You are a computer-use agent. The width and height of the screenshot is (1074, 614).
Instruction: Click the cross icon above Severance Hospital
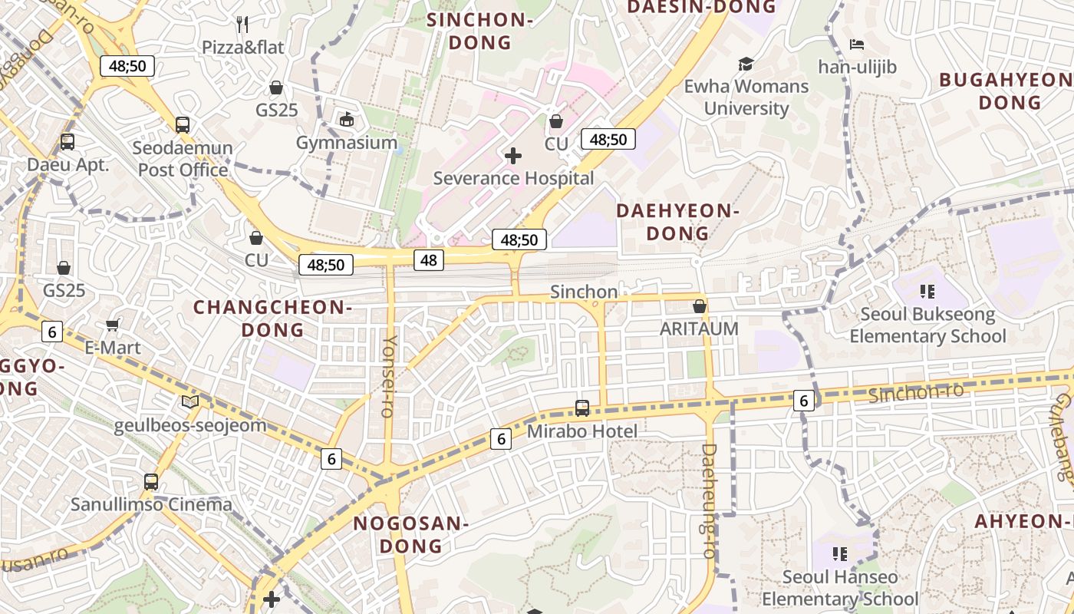[513, 157]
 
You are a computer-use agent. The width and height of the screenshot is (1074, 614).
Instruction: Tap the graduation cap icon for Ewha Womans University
[746, 64]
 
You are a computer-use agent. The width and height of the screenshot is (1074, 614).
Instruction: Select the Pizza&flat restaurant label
[242, 47]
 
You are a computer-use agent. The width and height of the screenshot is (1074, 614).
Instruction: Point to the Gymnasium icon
[347, 120]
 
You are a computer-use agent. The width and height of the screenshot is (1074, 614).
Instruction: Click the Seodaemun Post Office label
[183, 158]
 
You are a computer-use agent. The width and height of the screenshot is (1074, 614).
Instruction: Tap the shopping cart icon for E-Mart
[113, 325]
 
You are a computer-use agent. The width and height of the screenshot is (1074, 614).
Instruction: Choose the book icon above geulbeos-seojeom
[189, 401]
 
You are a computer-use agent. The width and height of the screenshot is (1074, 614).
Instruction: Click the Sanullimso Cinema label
[151, 504]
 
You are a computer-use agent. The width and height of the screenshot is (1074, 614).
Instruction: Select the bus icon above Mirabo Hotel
[582, 408]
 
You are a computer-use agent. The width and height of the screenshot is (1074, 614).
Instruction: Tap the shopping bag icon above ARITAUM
[699, 306]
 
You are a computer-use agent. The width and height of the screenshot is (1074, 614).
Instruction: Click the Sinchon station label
[584, 292]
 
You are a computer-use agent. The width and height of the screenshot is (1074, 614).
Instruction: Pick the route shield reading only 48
[429, 260]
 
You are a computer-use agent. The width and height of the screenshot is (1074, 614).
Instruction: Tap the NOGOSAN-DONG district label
[410, 534]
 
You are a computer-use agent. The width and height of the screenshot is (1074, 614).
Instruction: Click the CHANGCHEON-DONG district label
[272, 319]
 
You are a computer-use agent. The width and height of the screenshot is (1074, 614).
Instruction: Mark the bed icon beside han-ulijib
[857, 45]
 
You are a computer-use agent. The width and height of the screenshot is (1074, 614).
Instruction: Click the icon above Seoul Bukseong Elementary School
[927, 292]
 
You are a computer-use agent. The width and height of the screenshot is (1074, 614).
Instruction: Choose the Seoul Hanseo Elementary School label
[839, 587]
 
